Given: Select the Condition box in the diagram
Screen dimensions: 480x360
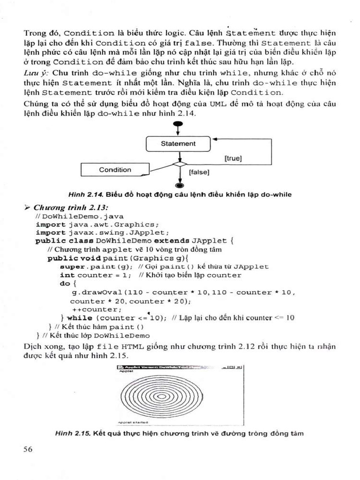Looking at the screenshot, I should click(115, 170).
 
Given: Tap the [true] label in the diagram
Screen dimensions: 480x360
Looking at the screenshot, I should click(233, 158).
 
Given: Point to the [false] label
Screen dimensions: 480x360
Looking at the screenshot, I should click(199, 172).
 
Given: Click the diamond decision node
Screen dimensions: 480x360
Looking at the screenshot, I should click(178, 164).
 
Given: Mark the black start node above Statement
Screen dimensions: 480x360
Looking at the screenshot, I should click(178, 124).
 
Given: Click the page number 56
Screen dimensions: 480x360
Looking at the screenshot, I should click(28, 449).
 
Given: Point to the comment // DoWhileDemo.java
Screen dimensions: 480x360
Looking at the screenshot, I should click(79, 216).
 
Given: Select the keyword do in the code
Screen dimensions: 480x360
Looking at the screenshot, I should click(65, 284).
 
